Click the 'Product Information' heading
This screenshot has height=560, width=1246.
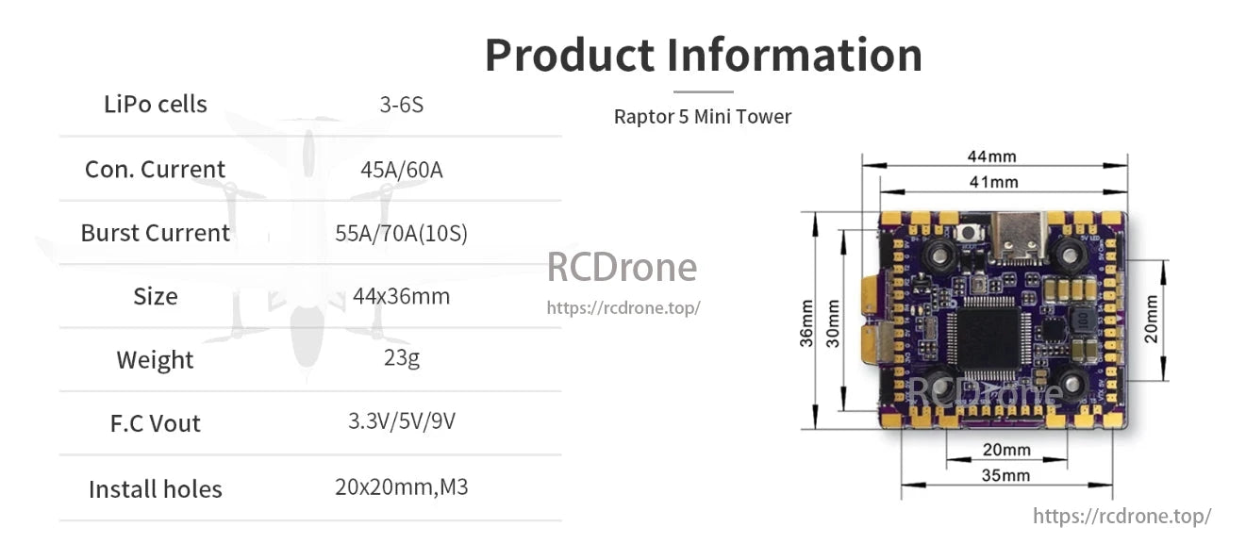click(x=703, y=55)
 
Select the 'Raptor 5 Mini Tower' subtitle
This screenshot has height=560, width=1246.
click(x=702, y=117)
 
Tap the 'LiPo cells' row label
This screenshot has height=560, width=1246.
click(x=156, y=104)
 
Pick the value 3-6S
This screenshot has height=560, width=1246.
click(x=401, y=105)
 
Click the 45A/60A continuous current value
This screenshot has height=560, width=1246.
click(x=401, y=170)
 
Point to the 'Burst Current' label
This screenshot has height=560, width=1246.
click(x=156, y=233)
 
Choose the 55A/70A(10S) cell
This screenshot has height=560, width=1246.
click(x=401, y=234)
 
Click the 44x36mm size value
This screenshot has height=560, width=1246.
click(x=401, y=296)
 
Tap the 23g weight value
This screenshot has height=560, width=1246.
click(x=401, y=359)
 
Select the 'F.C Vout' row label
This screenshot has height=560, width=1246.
click(x=156, y=423)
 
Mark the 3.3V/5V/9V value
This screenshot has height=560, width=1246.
click(x=401, y=420)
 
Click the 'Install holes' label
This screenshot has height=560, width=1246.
click(x=156, y=489)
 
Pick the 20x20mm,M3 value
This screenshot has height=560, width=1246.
click(x=401, y=487)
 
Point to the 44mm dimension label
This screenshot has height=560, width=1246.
click(x=990, y=156)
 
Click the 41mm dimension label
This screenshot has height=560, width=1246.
click(x=993, y=182)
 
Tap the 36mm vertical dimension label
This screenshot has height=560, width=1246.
click(x=807, y=323)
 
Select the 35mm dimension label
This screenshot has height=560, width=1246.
click(x=1005, y=475)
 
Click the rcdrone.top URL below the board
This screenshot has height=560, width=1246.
click(x=1121, y=516)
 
